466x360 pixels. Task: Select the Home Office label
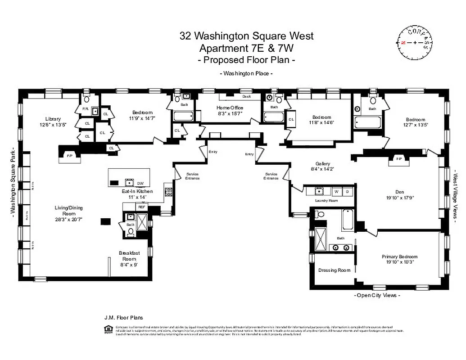tap(230, 108)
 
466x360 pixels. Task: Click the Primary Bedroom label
tap(399, 256)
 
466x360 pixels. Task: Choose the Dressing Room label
tap(334, 270)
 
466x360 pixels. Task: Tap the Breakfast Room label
tap(127, 253)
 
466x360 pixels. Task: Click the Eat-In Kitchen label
tap(137, 191)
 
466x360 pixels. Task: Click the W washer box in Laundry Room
tap(336, 192)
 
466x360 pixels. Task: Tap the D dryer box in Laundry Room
tap(347, 192)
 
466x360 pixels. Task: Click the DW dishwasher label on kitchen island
tap(140, 183)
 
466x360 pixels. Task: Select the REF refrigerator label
tap(141, 207)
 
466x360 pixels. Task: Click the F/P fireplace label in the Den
tap(398, 159)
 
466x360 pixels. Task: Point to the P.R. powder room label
tap(85, 109)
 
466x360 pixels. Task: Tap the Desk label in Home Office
tap(246, 96)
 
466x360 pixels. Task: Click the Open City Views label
tap(377, 295)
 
